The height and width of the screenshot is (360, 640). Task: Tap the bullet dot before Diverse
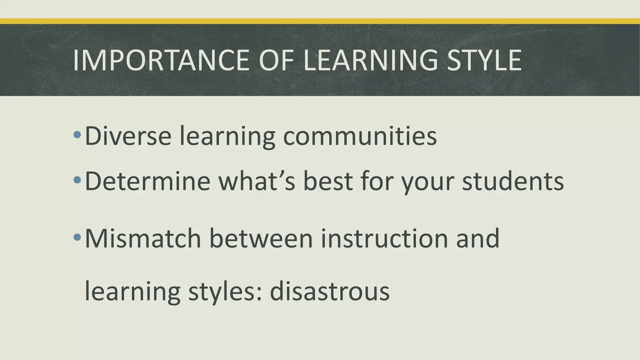(77, 135)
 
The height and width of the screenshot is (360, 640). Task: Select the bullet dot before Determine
(77, 180)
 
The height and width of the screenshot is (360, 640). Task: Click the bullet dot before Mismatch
(77, 237)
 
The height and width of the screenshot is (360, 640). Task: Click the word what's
(257, 181)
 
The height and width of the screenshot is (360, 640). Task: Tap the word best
(328, 181)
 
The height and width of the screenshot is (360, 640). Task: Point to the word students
(513, 181)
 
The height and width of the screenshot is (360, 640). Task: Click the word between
(261, 238)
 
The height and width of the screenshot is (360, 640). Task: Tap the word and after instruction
(477, 238)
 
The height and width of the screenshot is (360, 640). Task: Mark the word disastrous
(330, 291)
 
